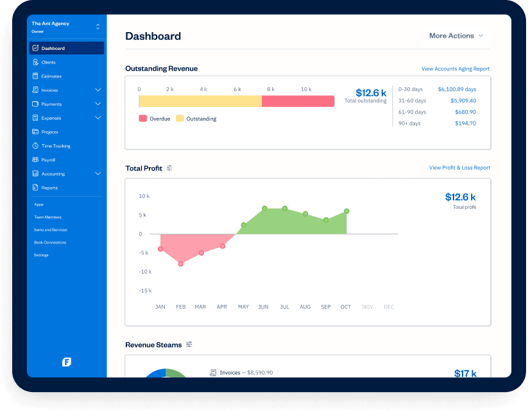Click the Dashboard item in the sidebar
[53, 48]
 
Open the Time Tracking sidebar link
[56, 146]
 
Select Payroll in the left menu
[49, 160]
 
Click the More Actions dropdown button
[456, 36]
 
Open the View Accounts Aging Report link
[455, 69]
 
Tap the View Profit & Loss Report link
[459, 168]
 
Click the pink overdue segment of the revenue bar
[298, 101]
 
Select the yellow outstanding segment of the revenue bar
[200, 101]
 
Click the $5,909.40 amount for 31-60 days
[463, 101]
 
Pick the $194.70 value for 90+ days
[466, 123]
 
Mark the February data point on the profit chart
[181, 263]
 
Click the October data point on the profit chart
[346, 211]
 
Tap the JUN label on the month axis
[263, 307]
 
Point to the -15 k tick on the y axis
[144, 291]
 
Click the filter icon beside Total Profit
[169, 168]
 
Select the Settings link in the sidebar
[41, 255]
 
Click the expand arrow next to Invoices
[98, 90]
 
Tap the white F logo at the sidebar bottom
[66, 362]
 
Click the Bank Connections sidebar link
[50, 242]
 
